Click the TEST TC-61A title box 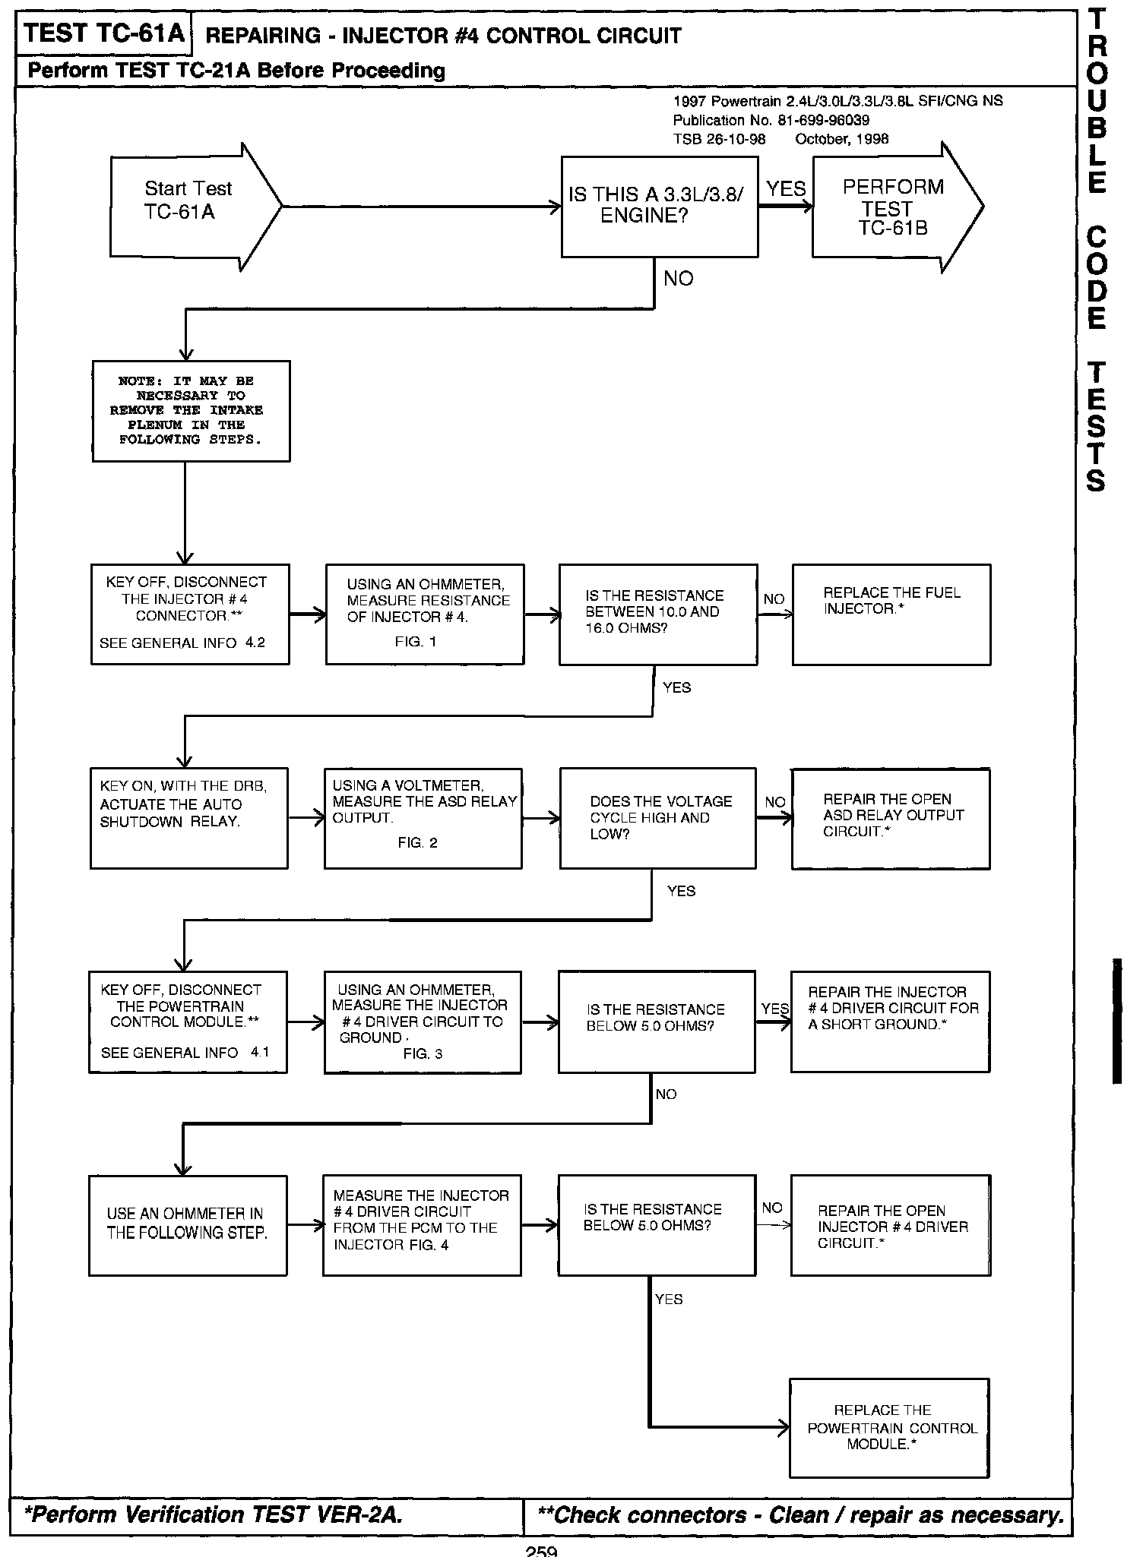[x=103, y=33]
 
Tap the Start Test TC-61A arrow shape [x=190, y=206]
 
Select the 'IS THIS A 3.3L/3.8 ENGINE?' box [x=659, y=207]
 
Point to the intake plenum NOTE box [x=191, y=411]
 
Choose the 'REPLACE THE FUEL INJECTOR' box [x=891, y=614]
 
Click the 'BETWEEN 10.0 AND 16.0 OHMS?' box [x=657, y=614]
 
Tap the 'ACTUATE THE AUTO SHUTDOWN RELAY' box [x=188, y=818]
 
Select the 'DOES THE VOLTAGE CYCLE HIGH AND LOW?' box [x=657, y=818]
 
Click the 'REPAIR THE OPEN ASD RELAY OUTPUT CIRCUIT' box [x=890, y=818]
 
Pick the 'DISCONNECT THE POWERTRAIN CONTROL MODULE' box [x=188, y=1022]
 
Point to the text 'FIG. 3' [x=423, y=1054]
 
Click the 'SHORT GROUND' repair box [x=890, y=1022]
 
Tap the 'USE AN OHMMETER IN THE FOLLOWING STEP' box [x=188, y=1225]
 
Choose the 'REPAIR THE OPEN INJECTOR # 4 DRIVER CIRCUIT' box [x=890, y=1225]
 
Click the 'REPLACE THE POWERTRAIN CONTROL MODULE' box [x=889, y=1428]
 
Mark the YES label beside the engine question [x=785, y=188]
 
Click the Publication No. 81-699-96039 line [x=771, y=120]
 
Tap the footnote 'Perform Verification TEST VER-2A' [x=214, y=1515]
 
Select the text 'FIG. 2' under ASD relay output [x=417, y=843]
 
